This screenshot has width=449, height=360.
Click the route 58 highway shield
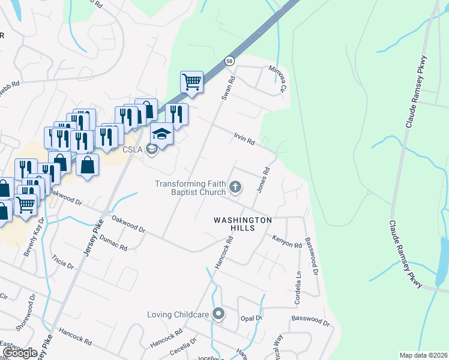click(229, 61)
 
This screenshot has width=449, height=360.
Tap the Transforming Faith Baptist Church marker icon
click(235, 187)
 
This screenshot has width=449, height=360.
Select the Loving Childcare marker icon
click(218, 314)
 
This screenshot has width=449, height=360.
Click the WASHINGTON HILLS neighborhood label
click(243, 224)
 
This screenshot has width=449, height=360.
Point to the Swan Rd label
click(227, 88)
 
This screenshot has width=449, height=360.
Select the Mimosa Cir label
click(277, 79)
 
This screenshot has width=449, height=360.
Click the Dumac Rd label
click(113, 243)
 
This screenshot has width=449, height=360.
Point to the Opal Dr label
click(252, 317)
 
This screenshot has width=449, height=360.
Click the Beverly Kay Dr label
click(34, 239)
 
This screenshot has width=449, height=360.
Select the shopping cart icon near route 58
click(191, 82)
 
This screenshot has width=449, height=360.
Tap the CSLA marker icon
click(151, 149)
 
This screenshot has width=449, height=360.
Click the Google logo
click(20, 353)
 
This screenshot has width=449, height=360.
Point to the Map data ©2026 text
click(424, 355)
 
